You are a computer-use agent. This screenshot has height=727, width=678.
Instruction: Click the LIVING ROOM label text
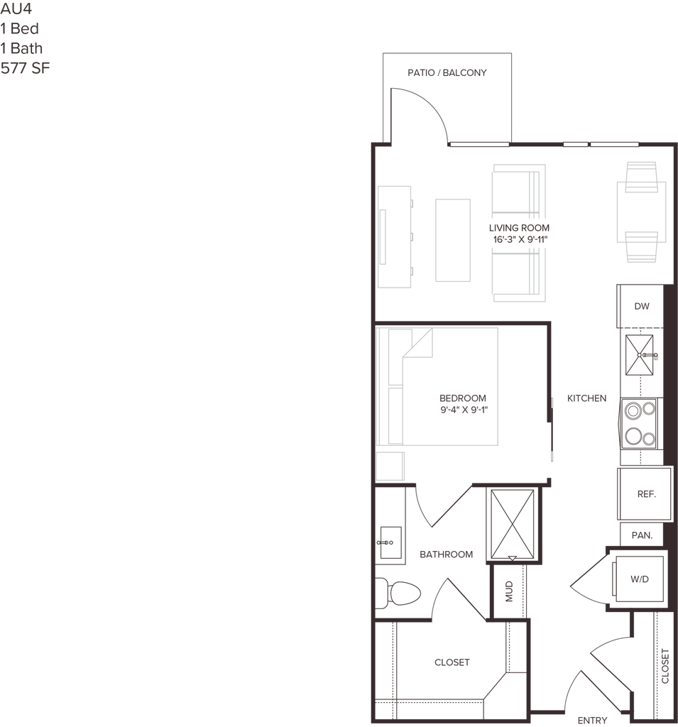pos(520,227)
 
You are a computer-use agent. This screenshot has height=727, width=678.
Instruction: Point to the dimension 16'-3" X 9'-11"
pos(520,240)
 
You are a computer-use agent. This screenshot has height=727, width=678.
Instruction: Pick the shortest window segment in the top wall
pos(575,144)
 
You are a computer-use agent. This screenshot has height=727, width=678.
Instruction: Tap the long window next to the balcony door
pos(480,144)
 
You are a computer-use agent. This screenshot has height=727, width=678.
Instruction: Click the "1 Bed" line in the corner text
pos(21,29)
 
